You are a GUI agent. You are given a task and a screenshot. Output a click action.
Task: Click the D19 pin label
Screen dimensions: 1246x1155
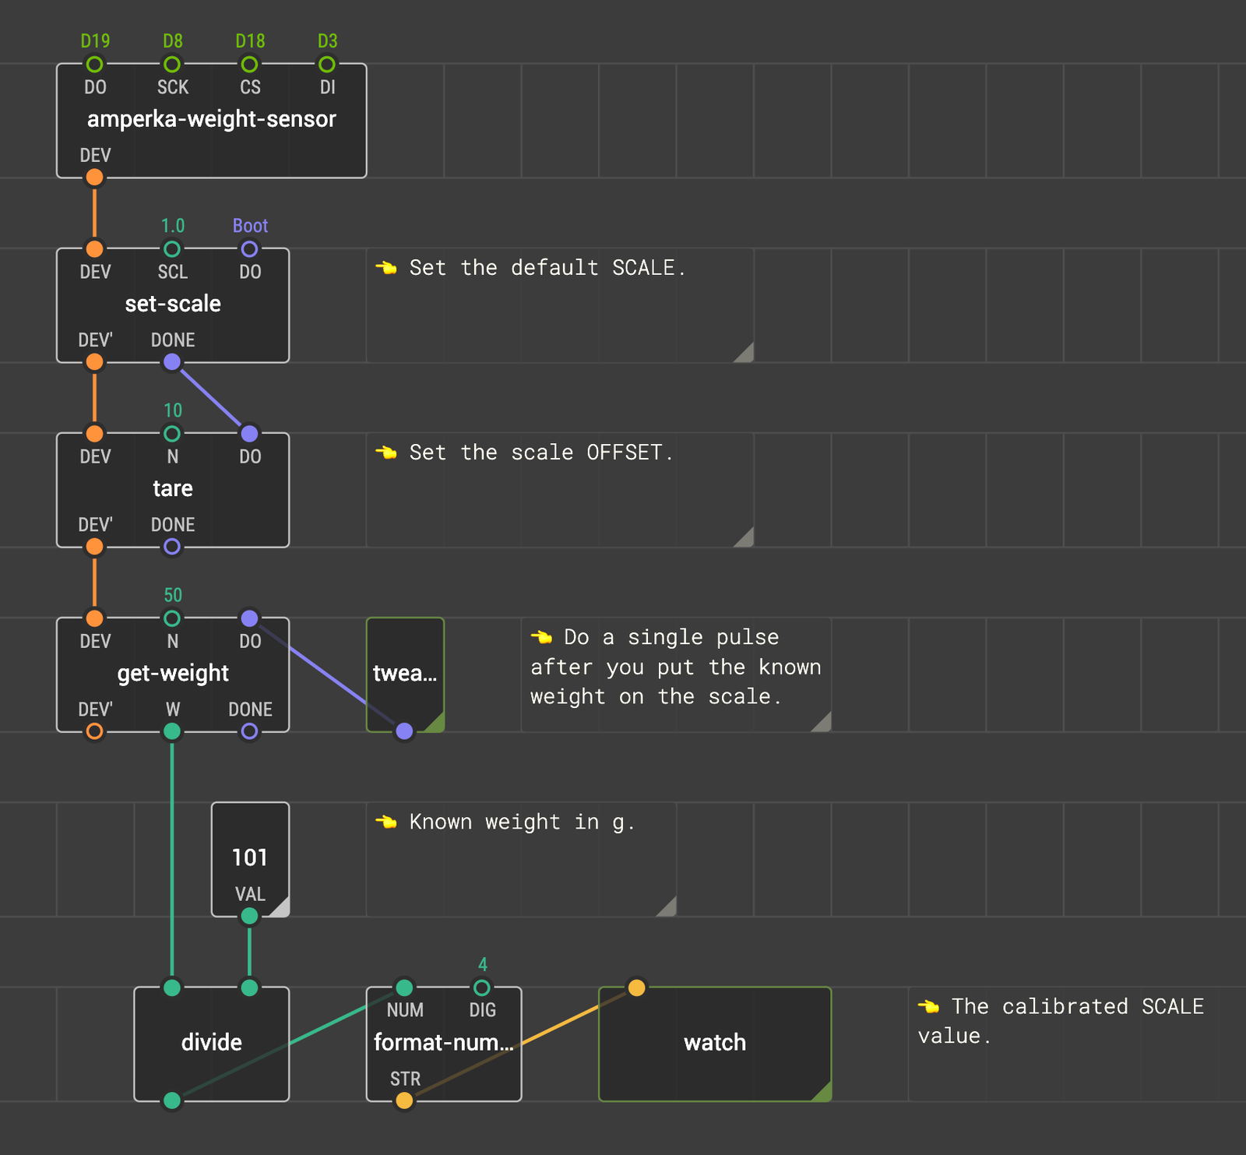click(x=95, y=40)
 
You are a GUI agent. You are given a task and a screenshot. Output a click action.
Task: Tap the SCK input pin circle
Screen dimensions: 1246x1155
click(x=172, y=64)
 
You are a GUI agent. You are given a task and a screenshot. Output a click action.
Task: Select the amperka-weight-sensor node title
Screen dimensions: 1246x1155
click(x=212, y=119)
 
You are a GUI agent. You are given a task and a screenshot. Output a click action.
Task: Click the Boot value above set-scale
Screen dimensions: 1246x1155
click(x=250, y=226)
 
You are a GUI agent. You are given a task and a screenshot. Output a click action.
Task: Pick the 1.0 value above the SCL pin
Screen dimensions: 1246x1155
click(x=172, y=226)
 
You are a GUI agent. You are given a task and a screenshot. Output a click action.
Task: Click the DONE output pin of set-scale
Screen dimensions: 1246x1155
click(x=172, y=362)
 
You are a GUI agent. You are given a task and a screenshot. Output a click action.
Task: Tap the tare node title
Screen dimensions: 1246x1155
click(x=173, y=488)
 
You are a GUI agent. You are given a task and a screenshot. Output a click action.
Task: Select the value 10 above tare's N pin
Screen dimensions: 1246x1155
click(x=172, y=410)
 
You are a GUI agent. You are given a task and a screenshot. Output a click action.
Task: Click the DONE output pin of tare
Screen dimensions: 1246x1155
click(x=172, y=547)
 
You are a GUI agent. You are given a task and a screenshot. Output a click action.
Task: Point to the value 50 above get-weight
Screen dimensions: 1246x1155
click(x=172, y=595)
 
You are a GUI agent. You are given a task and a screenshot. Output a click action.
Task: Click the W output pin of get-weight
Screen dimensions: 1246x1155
click(x=172, y=731)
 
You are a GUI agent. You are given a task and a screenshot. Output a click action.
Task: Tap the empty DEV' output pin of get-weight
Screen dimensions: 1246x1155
click(x=94, y=731)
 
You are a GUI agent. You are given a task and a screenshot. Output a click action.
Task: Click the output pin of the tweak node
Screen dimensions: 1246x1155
click(x=404, y=731)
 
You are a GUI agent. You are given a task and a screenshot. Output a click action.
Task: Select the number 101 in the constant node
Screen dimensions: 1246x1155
click(x=250, y=857)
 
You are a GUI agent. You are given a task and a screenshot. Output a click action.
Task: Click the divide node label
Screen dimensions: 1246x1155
click(x=212, y=1042)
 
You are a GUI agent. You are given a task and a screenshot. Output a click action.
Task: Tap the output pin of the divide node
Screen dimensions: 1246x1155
click(x=172, y=1100)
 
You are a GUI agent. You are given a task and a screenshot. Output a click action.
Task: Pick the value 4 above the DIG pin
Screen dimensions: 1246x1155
click(x=483, y=964)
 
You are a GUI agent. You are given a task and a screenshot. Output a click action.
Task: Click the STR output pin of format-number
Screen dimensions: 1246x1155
click(x=404, y=1100)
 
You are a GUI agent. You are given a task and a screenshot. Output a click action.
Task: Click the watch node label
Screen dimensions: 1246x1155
click(x=715, y=1042)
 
